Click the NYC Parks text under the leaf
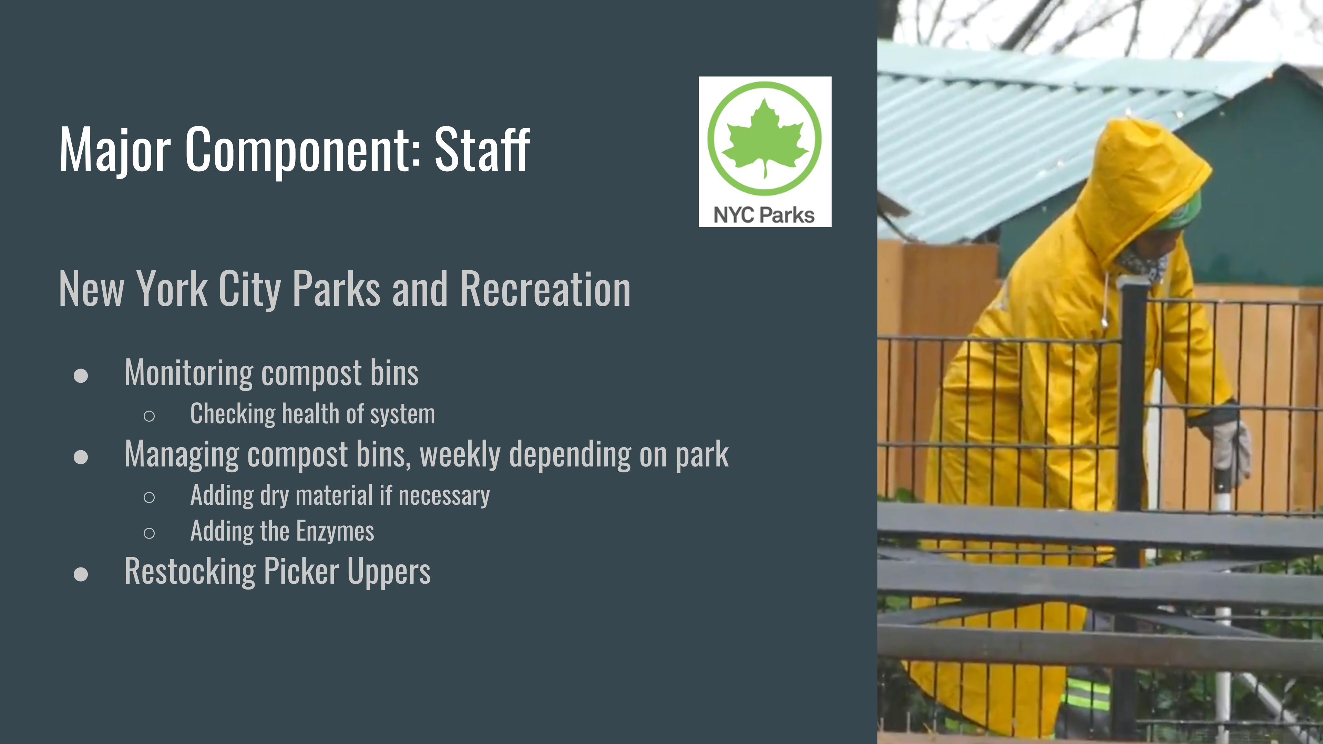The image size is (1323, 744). [764, 215]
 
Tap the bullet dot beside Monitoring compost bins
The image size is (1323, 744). [81, 375]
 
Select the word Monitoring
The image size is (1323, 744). [188, 373]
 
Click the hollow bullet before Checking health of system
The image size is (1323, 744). [150, 416]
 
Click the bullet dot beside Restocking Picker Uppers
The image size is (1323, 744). [81, 574]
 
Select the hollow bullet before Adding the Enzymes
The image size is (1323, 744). [150, 533]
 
